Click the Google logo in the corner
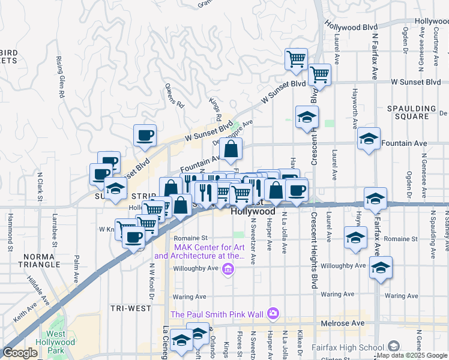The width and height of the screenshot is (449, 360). point(20,353)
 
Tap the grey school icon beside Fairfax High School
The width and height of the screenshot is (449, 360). point(394,347)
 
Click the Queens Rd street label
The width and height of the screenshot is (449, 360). point(174,94)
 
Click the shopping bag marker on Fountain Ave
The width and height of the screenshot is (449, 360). point(231,150)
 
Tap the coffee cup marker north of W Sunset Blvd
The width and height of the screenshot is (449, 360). point(144,136)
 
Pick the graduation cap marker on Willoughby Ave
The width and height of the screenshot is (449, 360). point(380,269)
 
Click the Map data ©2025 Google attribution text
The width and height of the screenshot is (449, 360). point(412,355)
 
